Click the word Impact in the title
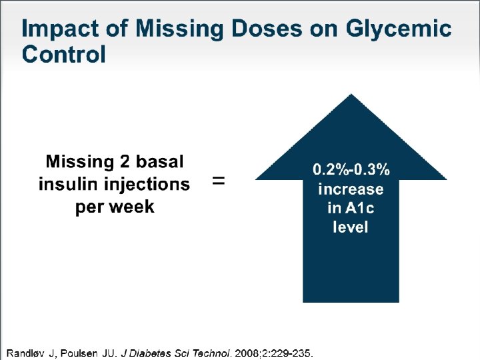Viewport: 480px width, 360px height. (x=60, y=29)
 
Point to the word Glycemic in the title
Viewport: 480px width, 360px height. (x=399, y=29)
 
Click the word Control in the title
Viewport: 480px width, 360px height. (x=63, y=54)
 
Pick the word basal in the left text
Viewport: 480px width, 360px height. (x=159, y=161)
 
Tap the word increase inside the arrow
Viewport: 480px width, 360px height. (x=351, y=189)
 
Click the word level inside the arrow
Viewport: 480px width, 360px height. (x=351, y=227)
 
